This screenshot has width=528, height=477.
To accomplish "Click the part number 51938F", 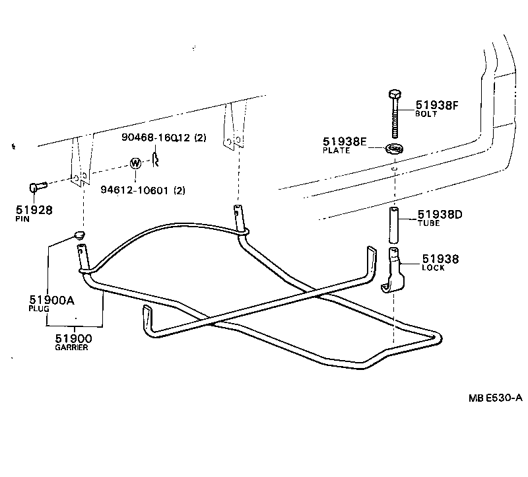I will coord(436,104).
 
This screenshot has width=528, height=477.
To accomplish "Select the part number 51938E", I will coord(344,141).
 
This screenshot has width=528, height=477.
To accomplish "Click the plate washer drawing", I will coord(394,148).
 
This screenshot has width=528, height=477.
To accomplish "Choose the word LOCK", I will coord(433,268).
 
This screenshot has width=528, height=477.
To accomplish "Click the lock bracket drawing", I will coord(394,271).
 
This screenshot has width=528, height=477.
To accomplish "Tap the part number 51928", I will coord(34,210).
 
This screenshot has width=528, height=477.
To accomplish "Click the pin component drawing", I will coord(36,188).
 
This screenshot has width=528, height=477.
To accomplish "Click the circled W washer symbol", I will coord(135,163).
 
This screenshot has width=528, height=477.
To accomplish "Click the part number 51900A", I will coord(51,300).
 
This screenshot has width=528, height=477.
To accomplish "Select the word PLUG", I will coord(38,309).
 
